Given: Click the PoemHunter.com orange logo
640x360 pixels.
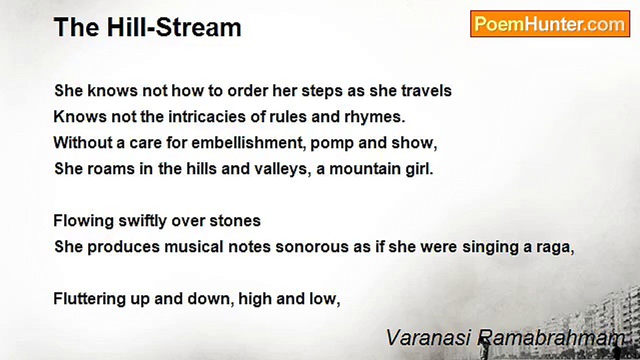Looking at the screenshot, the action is [x=550, y=24].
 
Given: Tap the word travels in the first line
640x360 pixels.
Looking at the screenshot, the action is [x=426, y=91].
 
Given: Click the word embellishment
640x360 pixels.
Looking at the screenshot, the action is [x=247, y=142].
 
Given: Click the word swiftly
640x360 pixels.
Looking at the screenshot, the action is [x=142, y=221].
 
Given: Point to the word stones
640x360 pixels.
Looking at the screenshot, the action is [x=235, y=221].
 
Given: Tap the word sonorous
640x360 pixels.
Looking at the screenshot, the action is [x=312, y=247].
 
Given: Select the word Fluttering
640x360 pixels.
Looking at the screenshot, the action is [x=89, y=299].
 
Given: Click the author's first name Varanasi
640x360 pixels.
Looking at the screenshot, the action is [x=428, y=337].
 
